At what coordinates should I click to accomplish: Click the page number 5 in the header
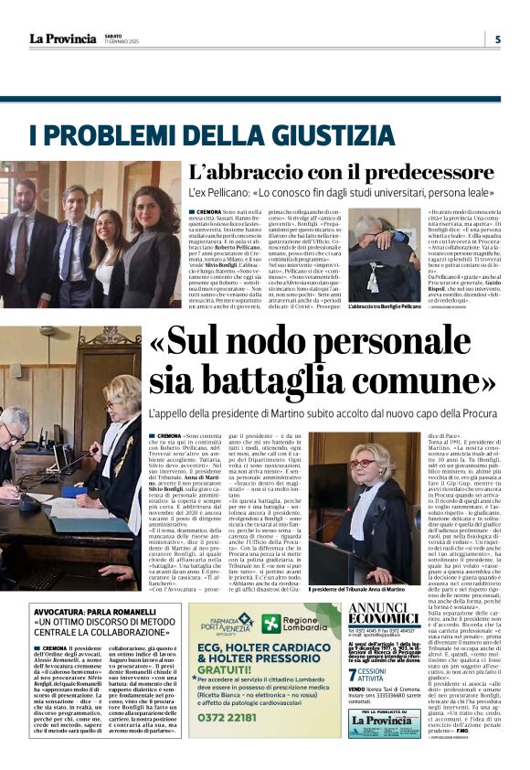(498, 39)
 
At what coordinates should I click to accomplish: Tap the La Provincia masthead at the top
(62, 39)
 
